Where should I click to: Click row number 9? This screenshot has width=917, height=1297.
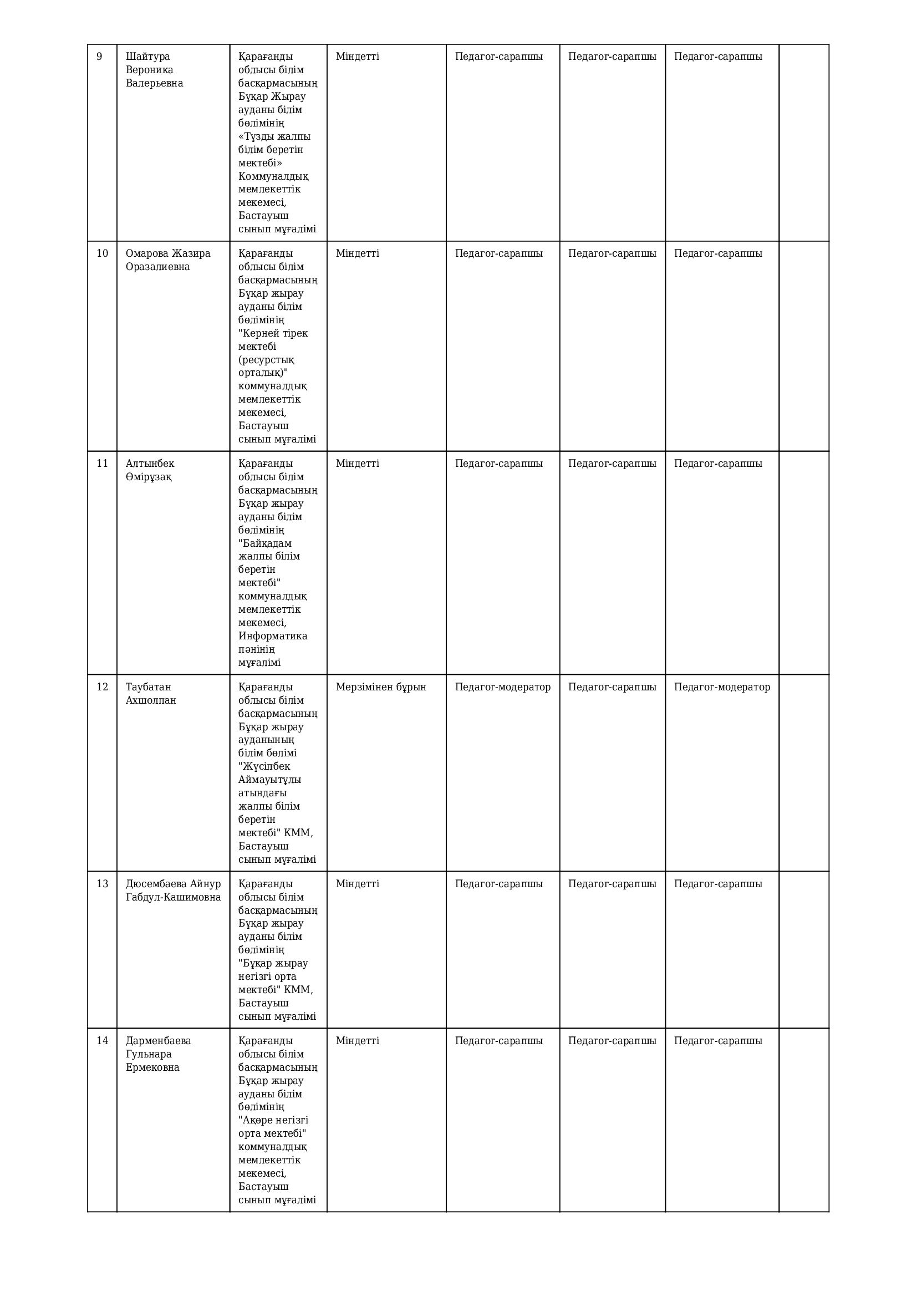100,57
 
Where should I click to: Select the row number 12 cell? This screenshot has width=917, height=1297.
102,687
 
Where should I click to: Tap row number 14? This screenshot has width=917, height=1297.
102,1040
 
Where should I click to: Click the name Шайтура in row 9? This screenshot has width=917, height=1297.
148,57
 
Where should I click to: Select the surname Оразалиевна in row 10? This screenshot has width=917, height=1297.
157,267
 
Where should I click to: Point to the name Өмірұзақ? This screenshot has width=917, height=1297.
149,477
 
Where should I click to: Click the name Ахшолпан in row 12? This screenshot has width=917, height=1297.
151,700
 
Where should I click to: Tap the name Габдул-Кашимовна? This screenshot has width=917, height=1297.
174,897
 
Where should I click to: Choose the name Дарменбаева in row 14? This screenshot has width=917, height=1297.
158,1040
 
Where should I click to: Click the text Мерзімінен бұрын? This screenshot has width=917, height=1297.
380,687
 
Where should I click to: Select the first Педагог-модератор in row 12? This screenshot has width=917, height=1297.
502,687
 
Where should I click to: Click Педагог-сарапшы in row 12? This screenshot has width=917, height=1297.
612,687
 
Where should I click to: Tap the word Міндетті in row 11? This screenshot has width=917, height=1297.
358,464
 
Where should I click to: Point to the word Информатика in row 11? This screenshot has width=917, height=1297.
273,636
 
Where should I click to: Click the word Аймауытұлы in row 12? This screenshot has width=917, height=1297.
269,780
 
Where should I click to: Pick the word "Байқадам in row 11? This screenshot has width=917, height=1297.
265,543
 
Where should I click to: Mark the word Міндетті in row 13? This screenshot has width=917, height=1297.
358,883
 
